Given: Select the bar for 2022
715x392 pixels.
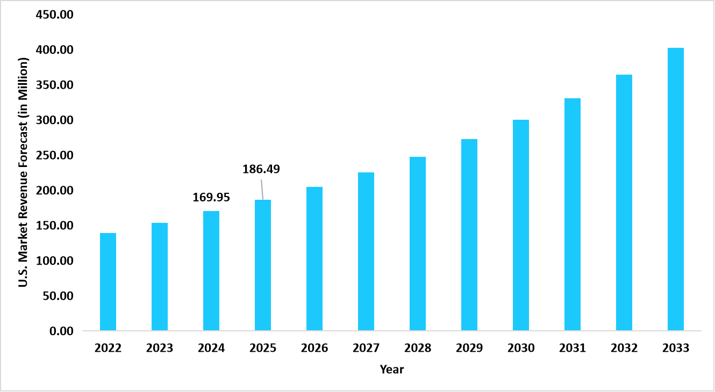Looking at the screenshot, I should [x=108, y=282].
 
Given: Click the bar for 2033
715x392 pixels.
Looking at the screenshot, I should [x=676, y=189].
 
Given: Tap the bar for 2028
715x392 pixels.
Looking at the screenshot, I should [x=418, y=243].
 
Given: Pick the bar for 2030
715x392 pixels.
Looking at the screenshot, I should [x=521, y=225].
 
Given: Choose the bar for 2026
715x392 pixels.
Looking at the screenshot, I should [x=314, y=258].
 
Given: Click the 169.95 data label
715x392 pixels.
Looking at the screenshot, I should [x=211, y=198].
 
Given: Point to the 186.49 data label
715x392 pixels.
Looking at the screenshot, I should [x=261, y=169].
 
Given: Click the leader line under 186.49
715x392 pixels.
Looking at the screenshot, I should [x=262, y=188].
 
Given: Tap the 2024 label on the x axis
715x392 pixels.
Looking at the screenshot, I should [x=211, y=348].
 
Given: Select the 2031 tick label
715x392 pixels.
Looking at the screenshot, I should [x=573, y=348].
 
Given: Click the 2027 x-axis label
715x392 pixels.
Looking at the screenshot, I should [x=366, y=348].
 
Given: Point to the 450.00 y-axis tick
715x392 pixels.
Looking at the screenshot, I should [x=54, y=14].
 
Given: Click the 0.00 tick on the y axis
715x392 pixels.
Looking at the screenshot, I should [x=61, y=331].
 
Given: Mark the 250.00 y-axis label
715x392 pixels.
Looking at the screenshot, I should [x=54, y=155].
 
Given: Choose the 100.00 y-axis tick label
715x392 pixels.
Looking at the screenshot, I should [x=54, y=260].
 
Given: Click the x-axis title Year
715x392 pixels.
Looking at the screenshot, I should [x=392, y=369].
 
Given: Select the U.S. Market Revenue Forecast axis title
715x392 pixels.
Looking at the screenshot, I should [x=23, y=172].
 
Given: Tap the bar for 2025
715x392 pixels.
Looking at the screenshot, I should [x=263, y=265].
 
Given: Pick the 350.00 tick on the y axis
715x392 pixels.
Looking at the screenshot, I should [x=54, y=85].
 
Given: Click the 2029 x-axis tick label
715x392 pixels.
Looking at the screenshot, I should [x=469, y=348].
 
